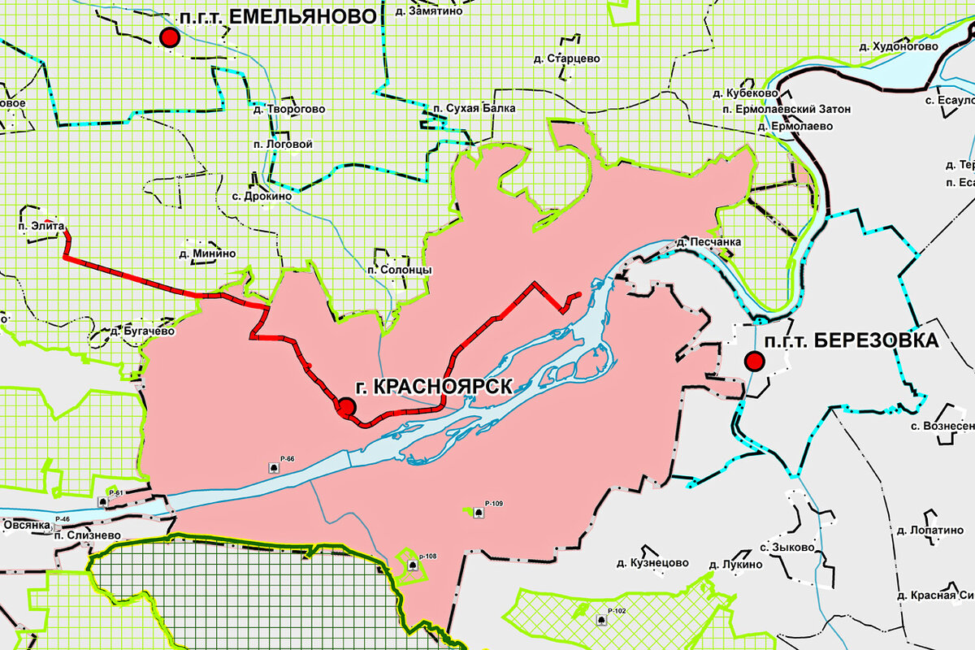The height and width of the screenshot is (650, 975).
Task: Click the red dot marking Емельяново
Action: pyautogui.click(x=169, y=37)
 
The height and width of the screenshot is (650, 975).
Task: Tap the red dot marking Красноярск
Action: pyautogui.click(x=346, y=407)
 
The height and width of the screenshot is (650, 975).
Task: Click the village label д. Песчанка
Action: pyautogui.click(x=709, y=242)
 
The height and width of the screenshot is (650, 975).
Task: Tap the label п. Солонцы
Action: pyautogui.click(x=399, y=270)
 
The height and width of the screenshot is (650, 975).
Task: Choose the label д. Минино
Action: pyautogui.click(x=208, y=253)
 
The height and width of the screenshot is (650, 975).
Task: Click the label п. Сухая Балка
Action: pyautogui.click(x=474, y=108)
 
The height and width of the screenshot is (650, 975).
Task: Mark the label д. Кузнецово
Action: pyautogui.click(x=652, y=562)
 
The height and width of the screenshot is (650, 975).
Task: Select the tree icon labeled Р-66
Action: pyautogui.click(x=275, y=467)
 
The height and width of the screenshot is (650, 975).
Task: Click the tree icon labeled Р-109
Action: pyautogui.click(x=478, y=512)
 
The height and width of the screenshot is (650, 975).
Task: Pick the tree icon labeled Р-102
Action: pyautogui.click(x=601, y=620)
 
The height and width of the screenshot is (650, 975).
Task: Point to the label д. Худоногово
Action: pyautogui.click(x=899, y=46)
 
